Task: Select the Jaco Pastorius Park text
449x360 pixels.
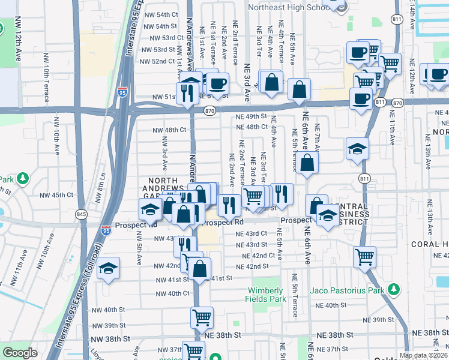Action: pos(346,291)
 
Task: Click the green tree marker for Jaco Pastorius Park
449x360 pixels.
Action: pos(394,290)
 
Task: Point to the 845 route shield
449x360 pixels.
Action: pos(82,214)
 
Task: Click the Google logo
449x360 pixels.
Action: pos(20,353)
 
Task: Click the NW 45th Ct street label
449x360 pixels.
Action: pos(58,195)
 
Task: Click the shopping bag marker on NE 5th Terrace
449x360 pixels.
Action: pos(307,163)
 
